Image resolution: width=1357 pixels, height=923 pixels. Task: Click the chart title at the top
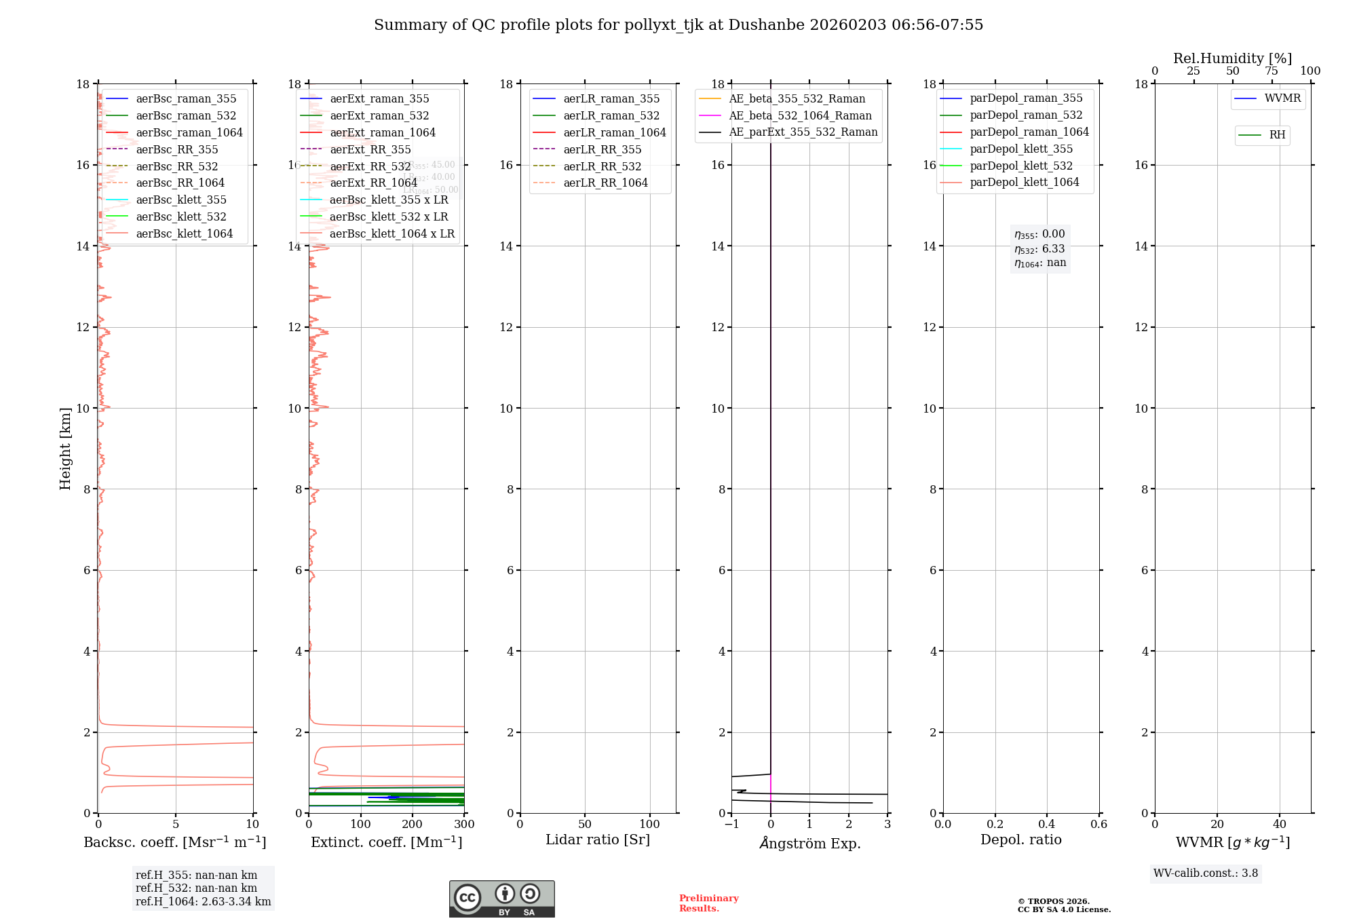678,25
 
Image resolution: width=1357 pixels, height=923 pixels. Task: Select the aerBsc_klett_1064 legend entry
184,233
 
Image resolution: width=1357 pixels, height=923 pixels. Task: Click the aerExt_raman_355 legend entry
379,99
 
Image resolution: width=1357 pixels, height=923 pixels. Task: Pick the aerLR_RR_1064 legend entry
605,183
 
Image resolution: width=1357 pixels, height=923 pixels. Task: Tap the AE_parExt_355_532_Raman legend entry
803,132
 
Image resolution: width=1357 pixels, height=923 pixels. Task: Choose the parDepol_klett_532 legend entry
1021,166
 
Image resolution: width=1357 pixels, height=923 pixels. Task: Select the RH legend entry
1277,135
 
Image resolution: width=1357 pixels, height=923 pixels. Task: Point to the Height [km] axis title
65,448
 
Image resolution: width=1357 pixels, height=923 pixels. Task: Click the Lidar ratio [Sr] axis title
598,840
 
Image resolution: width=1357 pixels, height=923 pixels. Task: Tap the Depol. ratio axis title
1020,840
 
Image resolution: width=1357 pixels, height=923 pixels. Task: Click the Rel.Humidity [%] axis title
1232,58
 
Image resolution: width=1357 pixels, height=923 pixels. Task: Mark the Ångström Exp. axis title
809,843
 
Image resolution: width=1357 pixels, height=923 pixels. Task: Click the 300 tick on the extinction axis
464,825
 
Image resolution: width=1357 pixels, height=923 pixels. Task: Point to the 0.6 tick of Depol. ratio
1098,825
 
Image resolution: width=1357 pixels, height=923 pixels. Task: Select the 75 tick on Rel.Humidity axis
1272,71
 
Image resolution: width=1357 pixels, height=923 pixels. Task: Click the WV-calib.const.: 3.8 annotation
1206,873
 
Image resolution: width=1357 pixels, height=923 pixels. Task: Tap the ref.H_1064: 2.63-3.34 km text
203,902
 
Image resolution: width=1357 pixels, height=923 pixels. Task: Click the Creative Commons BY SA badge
501,899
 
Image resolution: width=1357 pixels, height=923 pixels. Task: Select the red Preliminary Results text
708,903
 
